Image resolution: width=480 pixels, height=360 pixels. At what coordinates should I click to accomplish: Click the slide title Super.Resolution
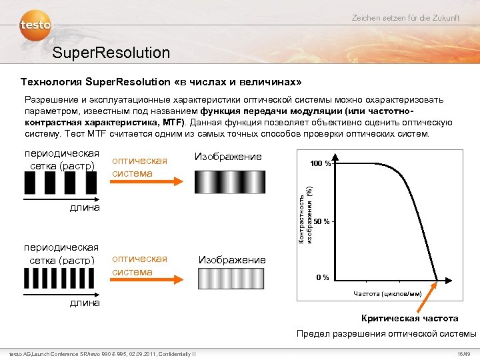click(x=111, y=52)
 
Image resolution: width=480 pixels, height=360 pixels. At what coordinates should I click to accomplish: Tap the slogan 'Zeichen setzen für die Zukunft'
click(x=405, y=17)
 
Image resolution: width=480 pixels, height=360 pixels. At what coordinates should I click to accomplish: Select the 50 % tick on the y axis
click(x=323, y=221)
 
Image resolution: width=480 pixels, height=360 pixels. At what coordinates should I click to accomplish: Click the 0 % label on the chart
click(x=322, y=277)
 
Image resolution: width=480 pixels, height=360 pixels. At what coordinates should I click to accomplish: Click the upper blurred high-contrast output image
click(x=229, y=181)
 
